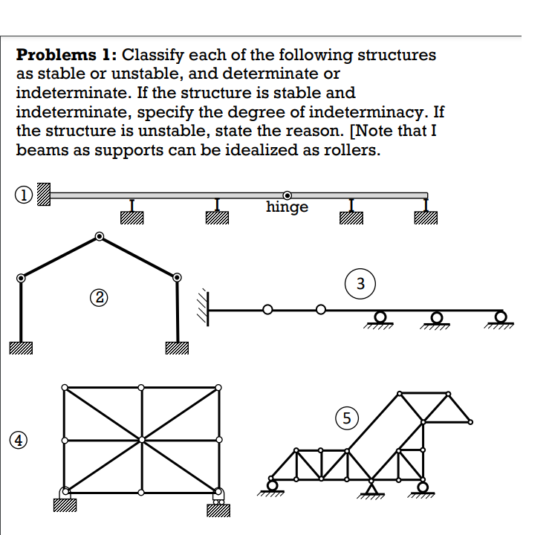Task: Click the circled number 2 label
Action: (x=99, y=298)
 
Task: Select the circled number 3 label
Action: (x=360, y=283)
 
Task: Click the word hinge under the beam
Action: (x=287, y=207)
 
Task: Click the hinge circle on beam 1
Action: (x=286, y=195)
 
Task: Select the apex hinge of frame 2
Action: (x=99, y=237)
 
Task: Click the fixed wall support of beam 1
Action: (x=44, y=194)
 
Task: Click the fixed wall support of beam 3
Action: (x=204, y=302)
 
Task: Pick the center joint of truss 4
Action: (x=141, y=440)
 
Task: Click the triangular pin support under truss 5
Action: (x=371, y=487)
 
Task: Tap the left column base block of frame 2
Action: (x=22, y=347)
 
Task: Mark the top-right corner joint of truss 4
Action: (x=218, y=388)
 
